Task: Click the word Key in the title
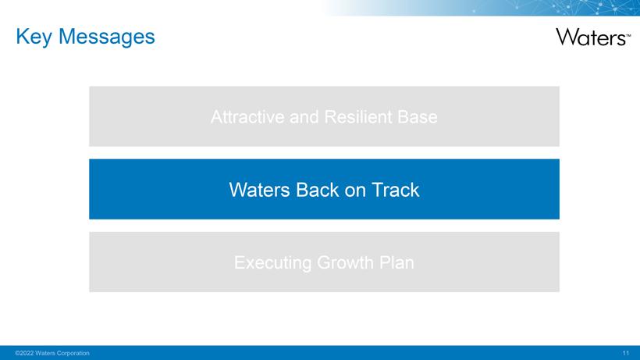(x=34, y=37)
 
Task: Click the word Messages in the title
(x=106, y=37)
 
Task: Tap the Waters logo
(x=593, y=37)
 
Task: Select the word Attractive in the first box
(x=247, y=116)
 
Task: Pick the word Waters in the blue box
(x=259, y=190)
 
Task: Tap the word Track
(x=395, y=190)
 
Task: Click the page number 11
(x=626, y=353)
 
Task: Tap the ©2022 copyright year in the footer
(x=24, y=353)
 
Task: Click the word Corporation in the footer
(x=73, y=353)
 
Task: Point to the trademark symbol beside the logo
(x=628, y=35)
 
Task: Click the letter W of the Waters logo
(x=567, y=37)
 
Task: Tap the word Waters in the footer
(x=45, y=353)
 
